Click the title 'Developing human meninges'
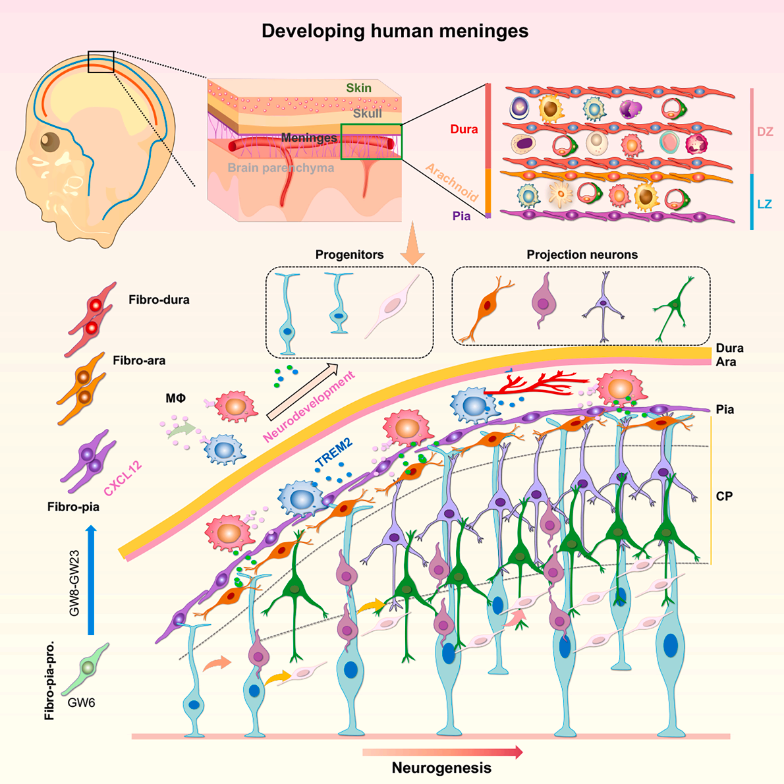395,31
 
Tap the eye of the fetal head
50,142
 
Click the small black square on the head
101,62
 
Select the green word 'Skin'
358,88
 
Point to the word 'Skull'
368,113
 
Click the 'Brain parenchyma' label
281,167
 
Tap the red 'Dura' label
464,129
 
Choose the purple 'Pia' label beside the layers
461,216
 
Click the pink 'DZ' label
765,132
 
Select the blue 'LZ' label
764,204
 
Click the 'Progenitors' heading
349,254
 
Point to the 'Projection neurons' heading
582,254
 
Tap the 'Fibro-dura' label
159,300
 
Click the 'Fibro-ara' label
139,360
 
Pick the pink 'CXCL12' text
123,478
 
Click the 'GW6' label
81,702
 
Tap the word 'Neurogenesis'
441,768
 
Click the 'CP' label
724,496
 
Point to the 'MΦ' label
175,398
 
